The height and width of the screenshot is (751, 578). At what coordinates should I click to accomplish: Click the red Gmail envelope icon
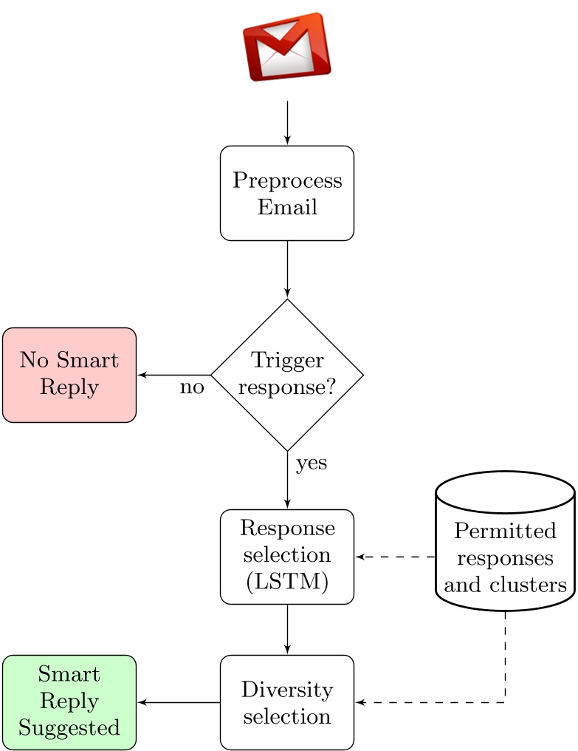(x=286, y=46)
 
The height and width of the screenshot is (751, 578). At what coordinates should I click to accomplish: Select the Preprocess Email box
(x=287, y=193)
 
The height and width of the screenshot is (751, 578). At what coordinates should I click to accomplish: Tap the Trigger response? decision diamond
(x=287, y=375)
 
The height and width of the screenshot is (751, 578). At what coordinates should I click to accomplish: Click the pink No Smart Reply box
(x=69, y=375)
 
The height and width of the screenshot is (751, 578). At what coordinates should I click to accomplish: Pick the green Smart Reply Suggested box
(x=69, y=702)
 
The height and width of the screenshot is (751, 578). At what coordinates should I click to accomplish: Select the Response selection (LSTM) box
(x=287, y=557)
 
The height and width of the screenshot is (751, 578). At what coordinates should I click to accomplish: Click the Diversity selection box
(x=287, y=702)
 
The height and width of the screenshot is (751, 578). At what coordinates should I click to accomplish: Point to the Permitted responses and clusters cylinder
(x=505, y=547)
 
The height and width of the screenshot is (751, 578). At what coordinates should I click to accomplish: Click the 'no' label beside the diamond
(x=192, y=388)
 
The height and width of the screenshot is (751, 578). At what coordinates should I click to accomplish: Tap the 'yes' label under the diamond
(x=311, y=463)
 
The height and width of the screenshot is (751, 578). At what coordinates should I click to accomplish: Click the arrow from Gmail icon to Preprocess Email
(x=287, y=123)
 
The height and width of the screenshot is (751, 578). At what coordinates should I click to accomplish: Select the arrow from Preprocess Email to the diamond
(x=287, y=269)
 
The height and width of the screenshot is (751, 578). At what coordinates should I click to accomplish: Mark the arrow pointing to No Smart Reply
(x=174, y=375)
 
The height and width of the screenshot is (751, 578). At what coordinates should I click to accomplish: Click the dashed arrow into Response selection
(x=395, y=557)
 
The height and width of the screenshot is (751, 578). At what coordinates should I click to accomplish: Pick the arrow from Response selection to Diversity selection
(x=287, y=629)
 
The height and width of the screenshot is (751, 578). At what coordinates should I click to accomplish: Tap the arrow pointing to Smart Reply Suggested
(x=179, y=702)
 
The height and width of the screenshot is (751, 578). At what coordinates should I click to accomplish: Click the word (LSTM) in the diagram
(x=287, y=582)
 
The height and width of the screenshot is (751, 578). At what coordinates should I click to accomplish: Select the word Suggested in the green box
(x=69, y=728)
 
